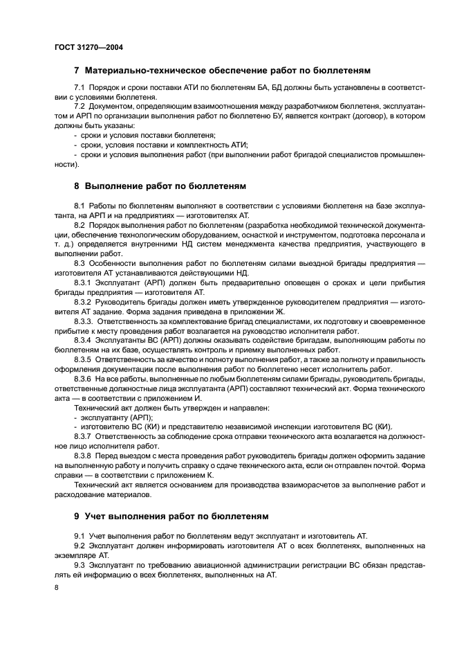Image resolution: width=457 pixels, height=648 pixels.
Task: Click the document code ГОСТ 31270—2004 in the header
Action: pos(84,48)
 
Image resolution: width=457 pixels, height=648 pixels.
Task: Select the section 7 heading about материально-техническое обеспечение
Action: pos(222,71)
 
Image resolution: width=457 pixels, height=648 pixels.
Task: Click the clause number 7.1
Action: pos(80,88)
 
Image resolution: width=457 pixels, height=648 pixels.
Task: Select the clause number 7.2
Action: pos(80,106)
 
